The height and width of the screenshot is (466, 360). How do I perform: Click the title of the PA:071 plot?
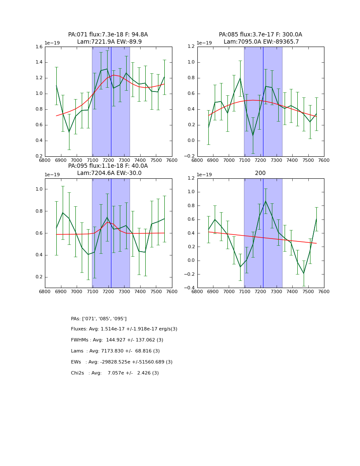click(108, 38)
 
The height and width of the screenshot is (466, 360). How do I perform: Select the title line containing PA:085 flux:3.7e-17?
click(260, 35)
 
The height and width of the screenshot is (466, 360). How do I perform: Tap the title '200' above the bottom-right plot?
click(260, 173)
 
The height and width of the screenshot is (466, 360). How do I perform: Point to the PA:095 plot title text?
click(108, 169)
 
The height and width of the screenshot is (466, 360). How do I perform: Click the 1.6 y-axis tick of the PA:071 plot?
click(38, 47)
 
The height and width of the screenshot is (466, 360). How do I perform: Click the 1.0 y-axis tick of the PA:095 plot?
click(38, 189)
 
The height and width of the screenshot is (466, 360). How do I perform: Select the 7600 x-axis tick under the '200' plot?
click(324, 293)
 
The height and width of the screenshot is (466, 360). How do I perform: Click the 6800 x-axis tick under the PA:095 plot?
click(45, 293)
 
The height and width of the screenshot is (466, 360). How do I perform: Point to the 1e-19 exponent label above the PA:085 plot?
click(205, 43)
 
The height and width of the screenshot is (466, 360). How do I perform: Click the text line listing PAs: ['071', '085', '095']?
click(99, 319)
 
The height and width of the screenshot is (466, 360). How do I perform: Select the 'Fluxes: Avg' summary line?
click(124, 329)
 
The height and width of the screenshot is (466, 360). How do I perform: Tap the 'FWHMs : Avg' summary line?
click(117, 340)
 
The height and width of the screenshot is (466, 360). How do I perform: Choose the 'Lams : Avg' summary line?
click(115, 351)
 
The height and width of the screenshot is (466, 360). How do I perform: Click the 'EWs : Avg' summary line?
click(122, 362)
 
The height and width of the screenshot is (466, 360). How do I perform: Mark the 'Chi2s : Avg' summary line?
click(115, 373)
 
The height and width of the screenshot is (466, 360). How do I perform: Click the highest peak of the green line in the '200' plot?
click(266, 201)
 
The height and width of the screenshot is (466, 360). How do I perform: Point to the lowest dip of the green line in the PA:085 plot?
click(253, 135)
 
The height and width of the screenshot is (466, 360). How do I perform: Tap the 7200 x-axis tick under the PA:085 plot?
click(260, 161)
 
